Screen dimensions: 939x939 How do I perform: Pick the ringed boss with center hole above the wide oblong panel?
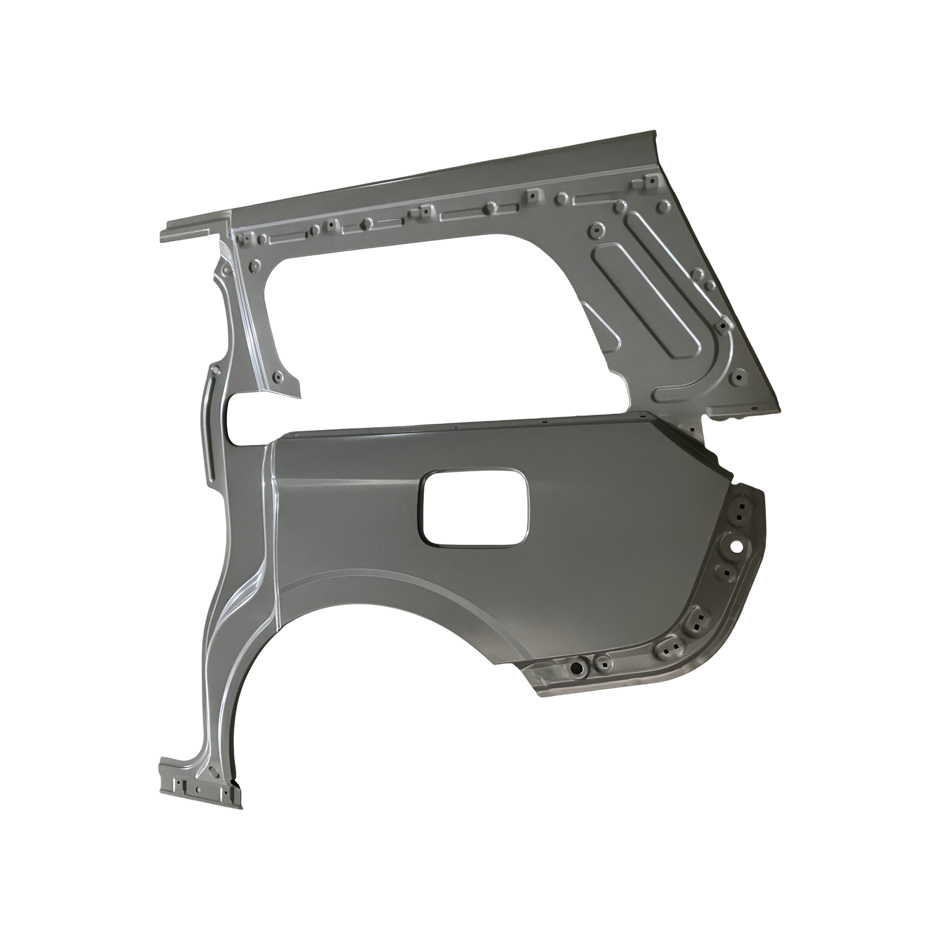[x=596, y=231]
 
